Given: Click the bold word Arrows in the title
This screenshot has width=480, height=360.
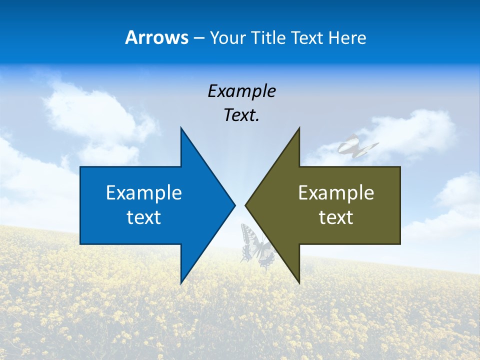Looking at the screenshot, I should point(156,37).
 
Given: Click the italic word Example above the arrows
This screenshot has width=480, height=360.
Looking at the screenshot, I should point(241,91).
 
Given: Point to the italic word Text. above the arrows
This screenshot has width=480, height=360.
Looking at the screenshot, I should point(241,115).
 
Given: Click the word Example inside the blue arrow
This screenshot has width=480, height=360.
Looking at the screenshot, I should point(144,192).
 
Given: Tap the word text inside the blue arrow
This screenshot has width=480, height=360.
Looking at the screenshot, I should point(144,217).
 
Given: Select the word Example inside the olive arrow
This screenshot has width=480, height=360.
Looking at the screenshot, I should point(336,192).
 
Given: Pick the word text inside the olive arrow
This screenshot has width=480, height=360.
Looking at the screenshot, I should point(336,217).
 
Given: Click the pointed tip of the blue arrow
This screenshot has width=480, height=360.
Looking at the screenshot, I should point(234,205).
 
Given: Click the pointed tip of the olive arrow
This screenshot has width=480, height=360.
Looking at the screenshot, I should point(246,205).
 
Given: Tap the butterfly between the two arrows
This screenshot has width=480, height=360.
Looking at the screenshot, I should point(256,245).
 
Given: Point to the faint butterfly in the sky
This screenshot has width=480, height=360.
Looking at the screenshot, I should point(356,145).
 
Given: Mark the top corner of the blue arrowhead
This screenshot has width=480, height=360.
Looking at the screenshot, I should point(181,128).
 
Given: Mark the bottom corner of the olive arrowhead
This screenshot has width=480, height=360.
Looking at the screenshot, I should point(299,282).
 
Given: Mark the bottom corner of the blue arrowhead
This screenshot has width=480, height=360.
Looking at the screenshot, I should point(181,283).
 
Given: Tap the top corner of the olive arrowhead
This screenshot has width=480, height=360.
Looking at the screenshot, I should point(299,128).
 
